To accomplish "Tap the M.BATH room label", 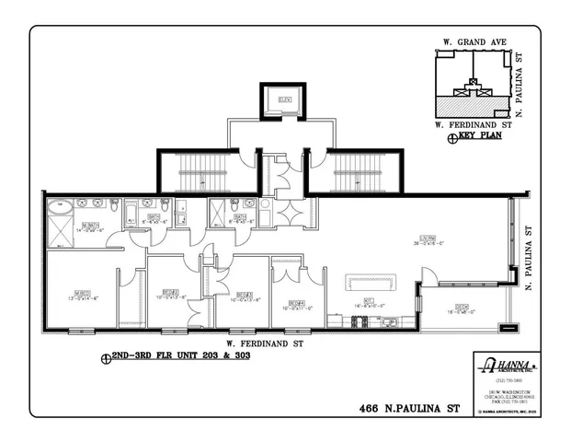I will click(89, 226).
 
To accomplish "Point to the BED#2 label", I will click(168, 293).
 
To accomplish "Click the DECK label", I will click(462, 308).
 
